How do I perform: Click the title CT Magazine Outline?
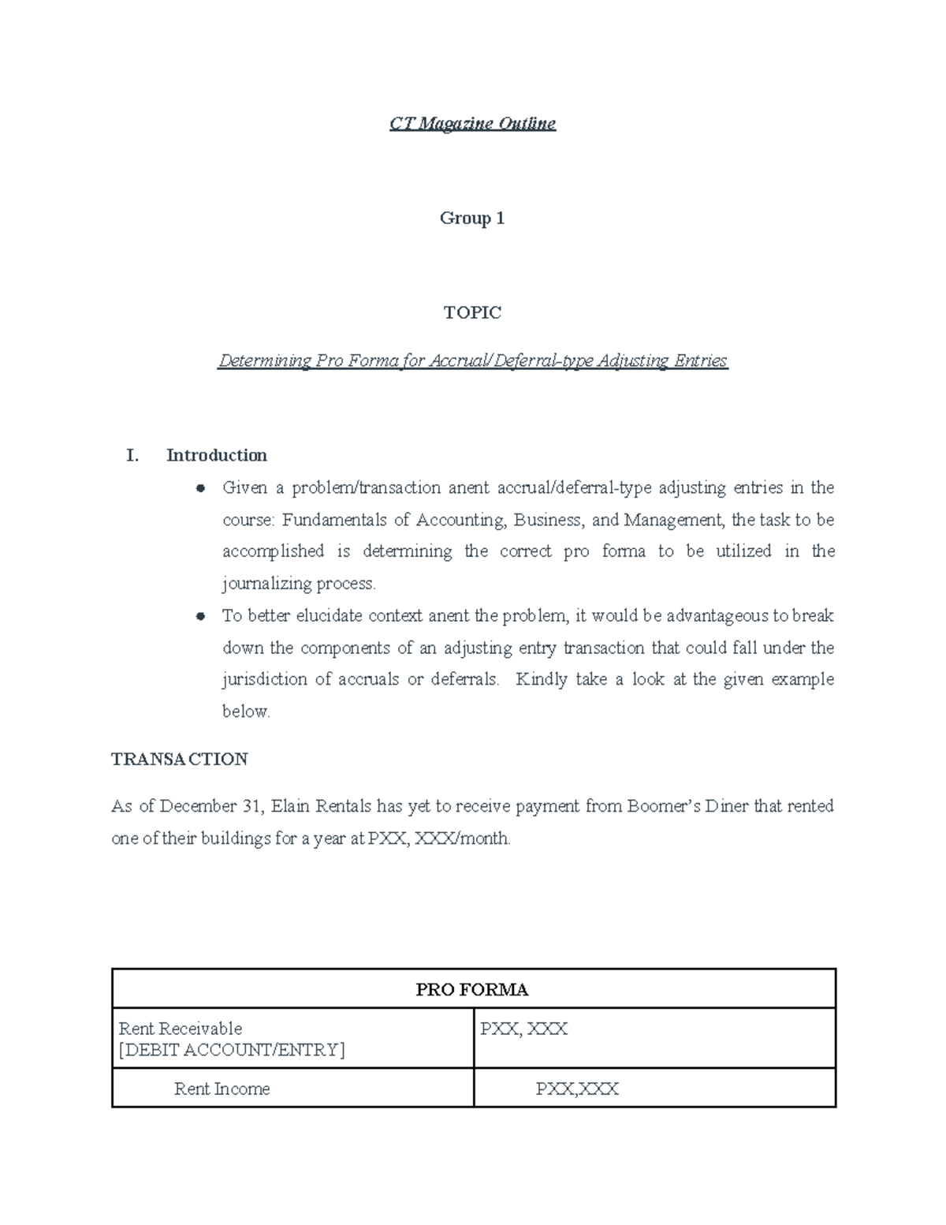click(x=472, y=124)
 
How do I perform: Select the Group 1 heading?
click(x=471, y=218)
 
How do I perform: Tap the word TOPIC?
click(x=472, y=313)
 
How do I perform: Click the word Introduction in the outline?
click(x=217, y=456)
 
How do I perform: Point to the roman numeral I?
click(x=132, y=456)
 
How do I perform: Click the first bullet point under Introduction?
click(x=201, y=488)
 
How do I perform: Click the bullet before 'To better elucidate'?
click(x=201, y=616)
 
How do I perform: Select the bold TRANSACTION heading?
click(x=180, y=760)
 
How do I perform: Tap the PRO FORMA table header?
click(x=472, y=990)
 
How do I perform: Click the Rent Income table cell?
click(x=222, y=1089)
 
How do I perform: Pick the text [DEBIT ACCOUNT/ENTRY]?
click(x=232, y=1050)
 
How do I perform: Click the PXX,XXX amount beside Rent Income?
click(x=577, y=1089)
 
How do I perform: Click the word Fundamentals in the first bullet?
click(x=335, y=520)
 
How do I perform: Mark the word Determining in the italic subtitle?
click(x=265, y=361)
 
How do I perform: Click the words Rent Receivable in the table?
click(x=181, y=1029)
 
